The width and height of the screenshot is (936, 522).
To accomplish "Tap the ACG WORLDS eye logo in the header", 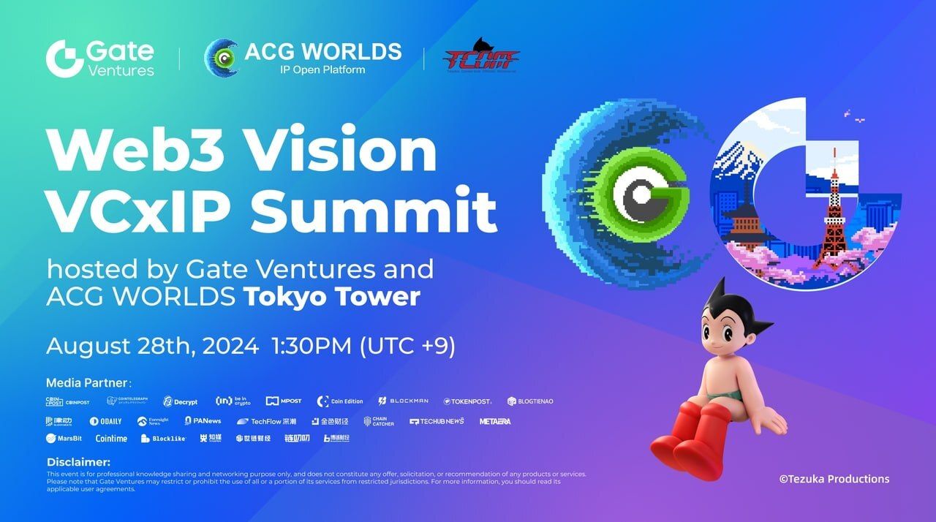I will (x=221, y=58).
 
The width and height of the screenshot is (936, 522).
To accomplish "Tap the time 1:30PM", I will (x=311, y=346).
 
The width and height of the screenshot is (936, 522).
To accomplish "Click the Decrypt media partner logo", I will (x=180, y=401).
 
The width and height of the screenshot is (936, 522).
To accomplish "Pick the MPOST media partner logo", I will (x=284, y=401).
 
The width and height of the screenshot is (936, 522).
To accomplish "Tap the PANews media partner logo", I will (x=203, y=421).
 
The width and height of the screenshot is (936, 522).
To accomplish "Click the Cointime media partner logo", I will (x=111, y=439).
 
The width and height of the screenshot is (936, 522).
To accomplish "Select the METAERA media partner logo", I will (x=495, y=421).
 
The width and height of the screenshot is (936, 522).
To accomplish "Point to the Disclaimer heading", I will (x=78, y=462).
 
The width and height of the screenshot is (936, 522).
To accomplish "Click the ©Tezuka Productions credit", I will (x=834, y=479).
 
